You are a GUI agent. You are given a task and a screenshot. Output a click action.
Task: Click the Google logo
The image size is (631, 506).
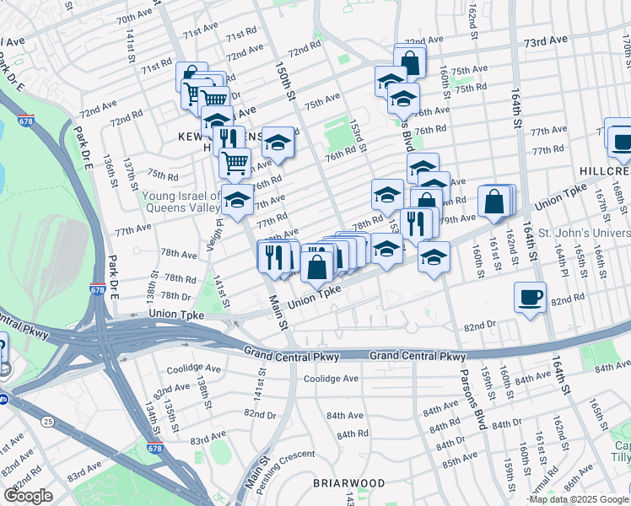[28, 496]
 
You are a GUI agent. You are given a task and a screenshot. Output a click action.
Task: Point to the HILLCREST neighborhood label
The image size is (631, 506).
[605, 171]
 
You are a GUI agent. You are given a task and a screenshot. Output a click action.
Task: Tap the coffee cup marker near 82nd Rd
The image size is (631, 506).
[530, 298]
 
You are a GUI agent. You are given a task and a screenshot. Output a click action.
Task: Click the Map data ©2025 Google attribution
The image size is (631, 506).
[579, 499]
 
